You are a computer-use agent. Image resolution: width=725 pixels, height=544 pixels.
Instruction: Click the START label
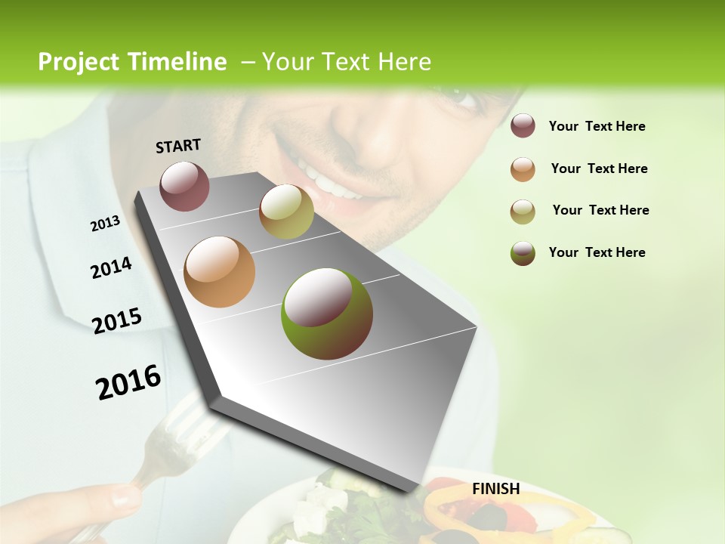178,146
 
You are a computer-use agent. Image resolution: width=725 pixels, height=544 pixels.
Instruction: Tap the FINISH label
495,489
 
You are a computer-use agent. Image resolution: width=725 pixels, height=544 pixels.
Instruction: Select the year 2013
105,224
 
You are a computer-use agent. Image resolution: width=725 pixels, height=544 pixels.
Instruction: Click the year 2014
111,267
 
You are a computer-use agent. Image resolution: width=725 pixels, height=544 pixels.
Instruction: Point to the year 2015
116,321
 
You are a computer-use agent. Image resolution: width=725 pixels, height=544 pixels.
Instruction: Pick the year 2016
128,382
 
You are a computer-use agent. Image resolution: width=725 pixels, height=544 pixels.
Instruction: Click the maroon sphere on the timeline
184,186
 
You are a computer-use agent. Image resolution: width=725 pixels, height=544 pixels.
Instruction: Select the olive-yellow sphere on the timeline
286,212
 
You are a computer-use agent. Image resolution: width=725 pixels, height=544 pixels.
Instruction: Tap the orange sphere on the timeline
219,272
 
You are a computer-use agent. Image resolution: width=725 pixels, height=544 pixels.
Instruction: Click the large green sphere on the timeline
326,314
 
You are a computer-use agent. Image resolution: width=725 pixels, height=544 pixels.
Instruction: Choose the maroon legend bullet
523,126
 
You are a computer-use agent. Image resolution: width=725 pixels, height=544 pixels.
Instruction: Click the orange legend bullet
523,169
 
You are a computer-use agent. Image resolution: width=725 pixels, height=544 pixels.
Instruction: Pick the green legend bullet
523,253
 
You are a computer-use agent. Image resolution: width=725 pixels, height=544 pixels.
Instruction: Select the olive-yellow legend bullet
523,212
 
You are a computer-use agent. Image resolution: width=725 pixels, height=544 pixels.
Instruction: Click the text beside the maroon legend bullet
597,126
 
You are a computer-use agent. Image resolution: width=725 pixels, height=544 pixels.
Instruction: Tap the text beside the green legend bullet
597,252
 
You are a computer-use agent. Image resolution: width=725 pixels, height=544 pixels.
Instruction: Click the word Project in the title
79,62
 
